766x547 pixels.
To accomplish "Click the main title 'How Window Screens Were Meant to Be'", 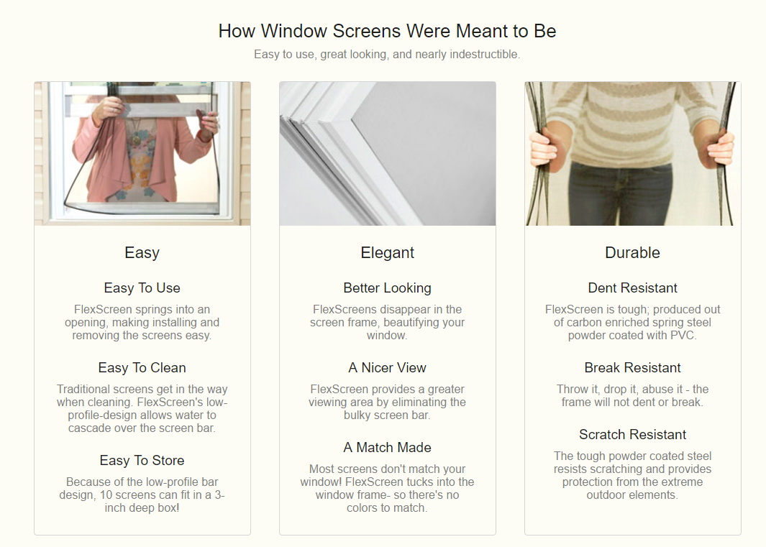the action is pyautogui.click(x=387, y=31).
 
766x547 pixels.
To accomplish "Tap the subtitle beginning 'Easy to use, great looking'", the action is pyautogui.click(x=387, y=54).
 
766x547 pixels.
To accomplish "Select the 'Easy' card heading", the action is pyautogui.click(x=142, y=252).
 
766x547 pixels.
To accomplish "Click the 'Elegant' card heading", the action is pyautogui.click(x=388, y=252).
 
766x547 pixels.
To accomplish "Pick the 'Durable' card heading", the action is pyautogui.click(x=633, y=252).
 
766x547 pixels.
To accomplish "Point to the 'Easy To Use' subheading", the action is pyautogui.click(x=142, y=288).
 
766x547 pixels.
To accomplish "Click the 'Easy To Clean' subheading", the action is pyautogui.click(x=142, y=367).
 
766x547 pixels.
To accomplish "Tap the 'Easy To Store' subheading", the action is pyautogui.click(x=142, y=460).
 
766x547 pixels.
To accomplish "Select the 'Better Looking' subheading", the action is pyautogui.click(x=388, y=288).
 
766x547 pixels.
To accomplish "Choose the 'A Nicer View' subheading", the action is pyautogui.click(x=388, y=367).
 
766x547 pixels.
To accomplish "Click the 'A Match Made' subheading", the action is pyautogui.click(x=388, y=447).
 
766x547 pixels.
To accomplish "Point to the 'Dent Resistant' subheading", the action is pyautogui.click(x=633, y=288).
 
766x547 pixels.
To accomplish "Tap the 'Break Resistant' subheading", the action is pyautogui.click(x=633, y=367).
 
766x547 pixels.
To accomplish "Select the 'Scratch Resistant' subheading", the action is pyautogui.click(x=633, y=434).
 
